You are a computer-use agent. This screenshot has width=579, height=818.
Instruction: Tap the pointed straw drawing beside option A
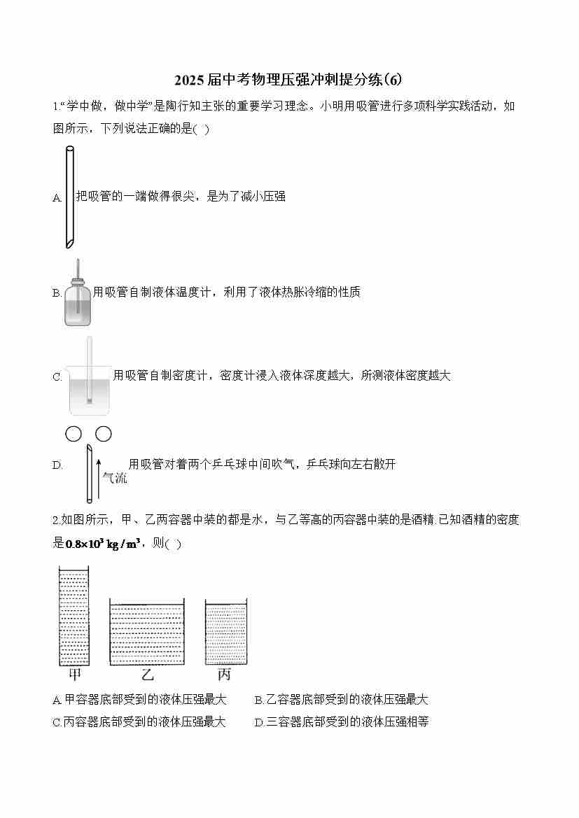(x=69, y=197)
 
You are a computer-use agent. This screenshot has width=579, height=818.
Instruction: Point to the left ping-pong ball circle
(x=74, y=434)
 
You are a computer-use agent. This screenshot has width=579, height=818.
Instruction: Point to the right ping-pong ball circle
(x=104, y=434)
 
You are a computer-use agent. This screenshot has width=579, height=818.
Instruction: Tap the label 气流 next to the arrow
(x=114, y=477)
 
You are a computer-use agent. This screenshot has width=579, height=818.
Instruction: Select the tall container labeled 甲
(x=74, y=616)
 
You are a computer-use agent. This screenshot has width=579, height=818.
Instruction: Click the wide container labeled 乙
(x=147, y=632)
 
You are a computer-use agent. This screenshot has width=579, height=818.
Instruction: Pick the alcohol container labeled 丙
(x=225, y=632)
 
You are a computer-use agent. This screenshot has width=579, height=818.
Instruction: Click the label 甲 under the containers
(x=75, y=675)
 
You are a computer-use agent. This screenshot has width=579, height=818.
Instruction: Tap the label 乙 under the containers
(x=148, y=675)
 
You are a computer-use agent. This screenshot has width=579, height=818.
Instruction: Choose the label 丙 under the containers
(x=224, y=675)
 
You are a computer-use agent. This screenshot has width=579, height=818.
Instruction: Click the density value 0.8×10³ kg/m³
(x=103, y=544)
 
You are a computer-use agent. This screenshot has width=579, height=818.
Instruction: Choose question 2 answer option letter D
(x=258, y=723)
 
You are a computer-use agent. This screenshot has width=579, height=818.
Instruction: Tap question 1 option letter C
(x=57, y=376)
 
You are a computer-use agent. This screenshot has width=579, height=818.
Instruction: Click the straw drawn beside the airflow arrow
(x=90, y=473)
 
